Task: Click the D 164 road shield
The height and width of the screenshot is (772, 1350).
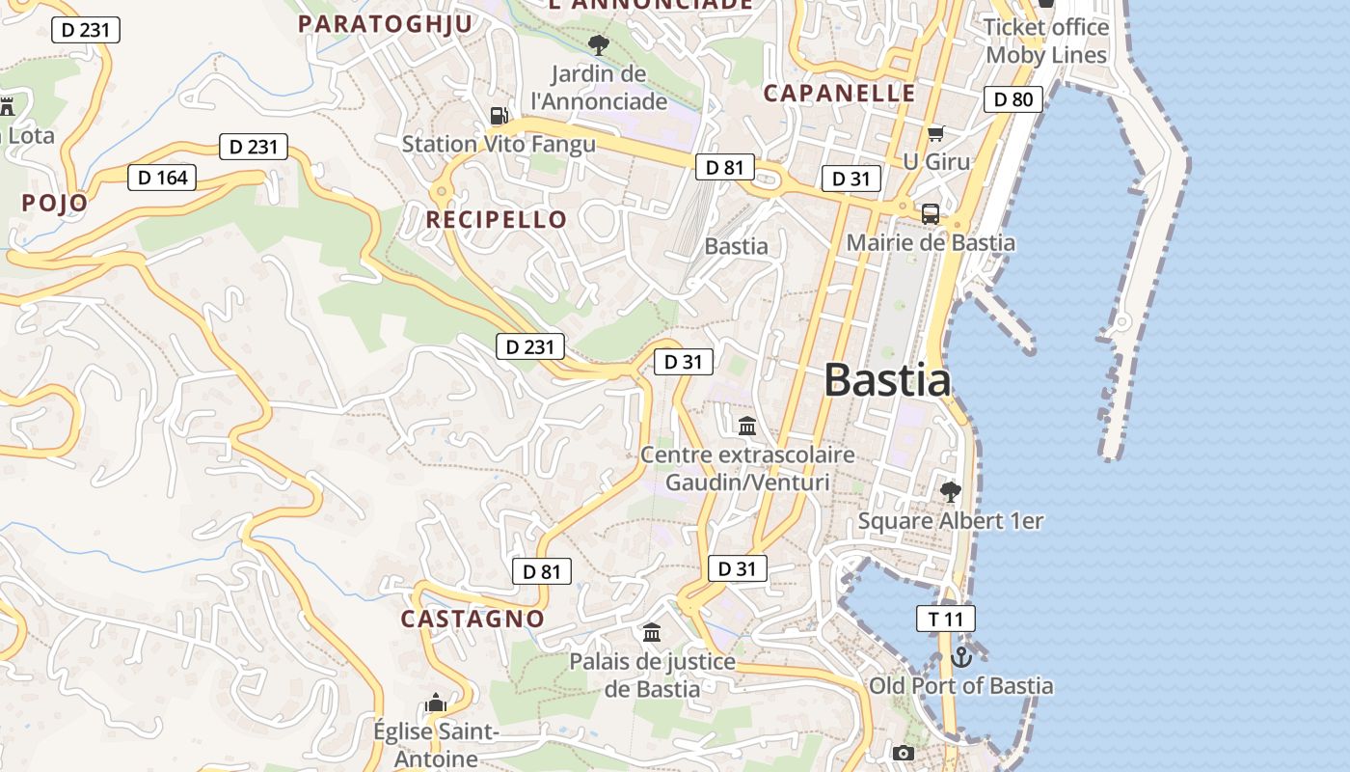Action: coord(162,178)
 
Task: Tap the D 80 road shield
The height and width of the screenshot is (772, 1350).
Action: coord(1012,98)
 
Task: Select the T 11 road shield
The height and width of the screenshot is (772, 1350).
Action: coord(946,620)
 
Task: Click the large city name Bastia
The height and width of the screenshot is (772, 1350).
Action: coord(887,380)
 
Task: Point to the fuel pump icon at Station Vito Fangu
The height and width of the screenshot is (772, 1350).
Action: coord(499,116)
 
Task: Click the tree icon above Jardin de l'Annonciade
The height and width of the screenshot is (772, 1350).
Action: coord(599,44)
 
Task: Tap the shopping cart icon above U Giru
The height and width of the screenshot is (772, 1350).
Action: coord(935,133)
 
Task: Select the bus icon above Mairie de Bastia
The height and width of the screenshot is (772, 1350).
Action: coord(931,214)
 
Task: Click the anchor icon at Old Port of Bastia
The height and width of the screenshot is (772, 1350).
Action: coord(960,657)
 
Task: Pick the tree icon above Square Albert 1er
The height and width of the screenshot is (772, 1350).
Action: coord(951,492)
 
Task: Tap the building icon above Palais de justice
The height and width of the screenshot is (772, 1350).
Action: coord(652,633)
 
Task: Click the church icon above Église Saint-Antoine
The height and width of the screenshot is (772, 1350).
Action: coord(436,703)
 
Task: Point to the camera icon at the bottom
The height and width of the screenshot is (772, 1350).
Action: coord(903,753)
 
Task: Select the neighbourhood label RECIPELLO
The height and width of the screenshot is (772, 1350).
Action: coord(497,220)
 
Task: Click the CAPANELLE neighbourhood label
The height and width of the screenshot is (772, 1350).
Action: coord(839,94)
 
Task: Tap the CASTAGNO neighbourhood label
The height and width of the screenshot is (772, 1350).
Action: coord(472,620)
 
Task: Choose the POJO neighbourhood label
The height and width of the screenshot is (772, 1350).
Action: coord(55,204)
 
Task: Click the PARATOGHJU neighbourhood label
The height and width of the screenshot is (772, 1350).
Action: coord(385,24)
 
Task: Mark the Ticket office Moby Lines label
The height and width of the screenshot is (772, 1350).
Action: coord(1045,41)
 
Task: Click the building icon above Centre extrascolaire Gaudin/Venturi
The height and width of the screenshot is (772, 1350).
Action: coord(747,426)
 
